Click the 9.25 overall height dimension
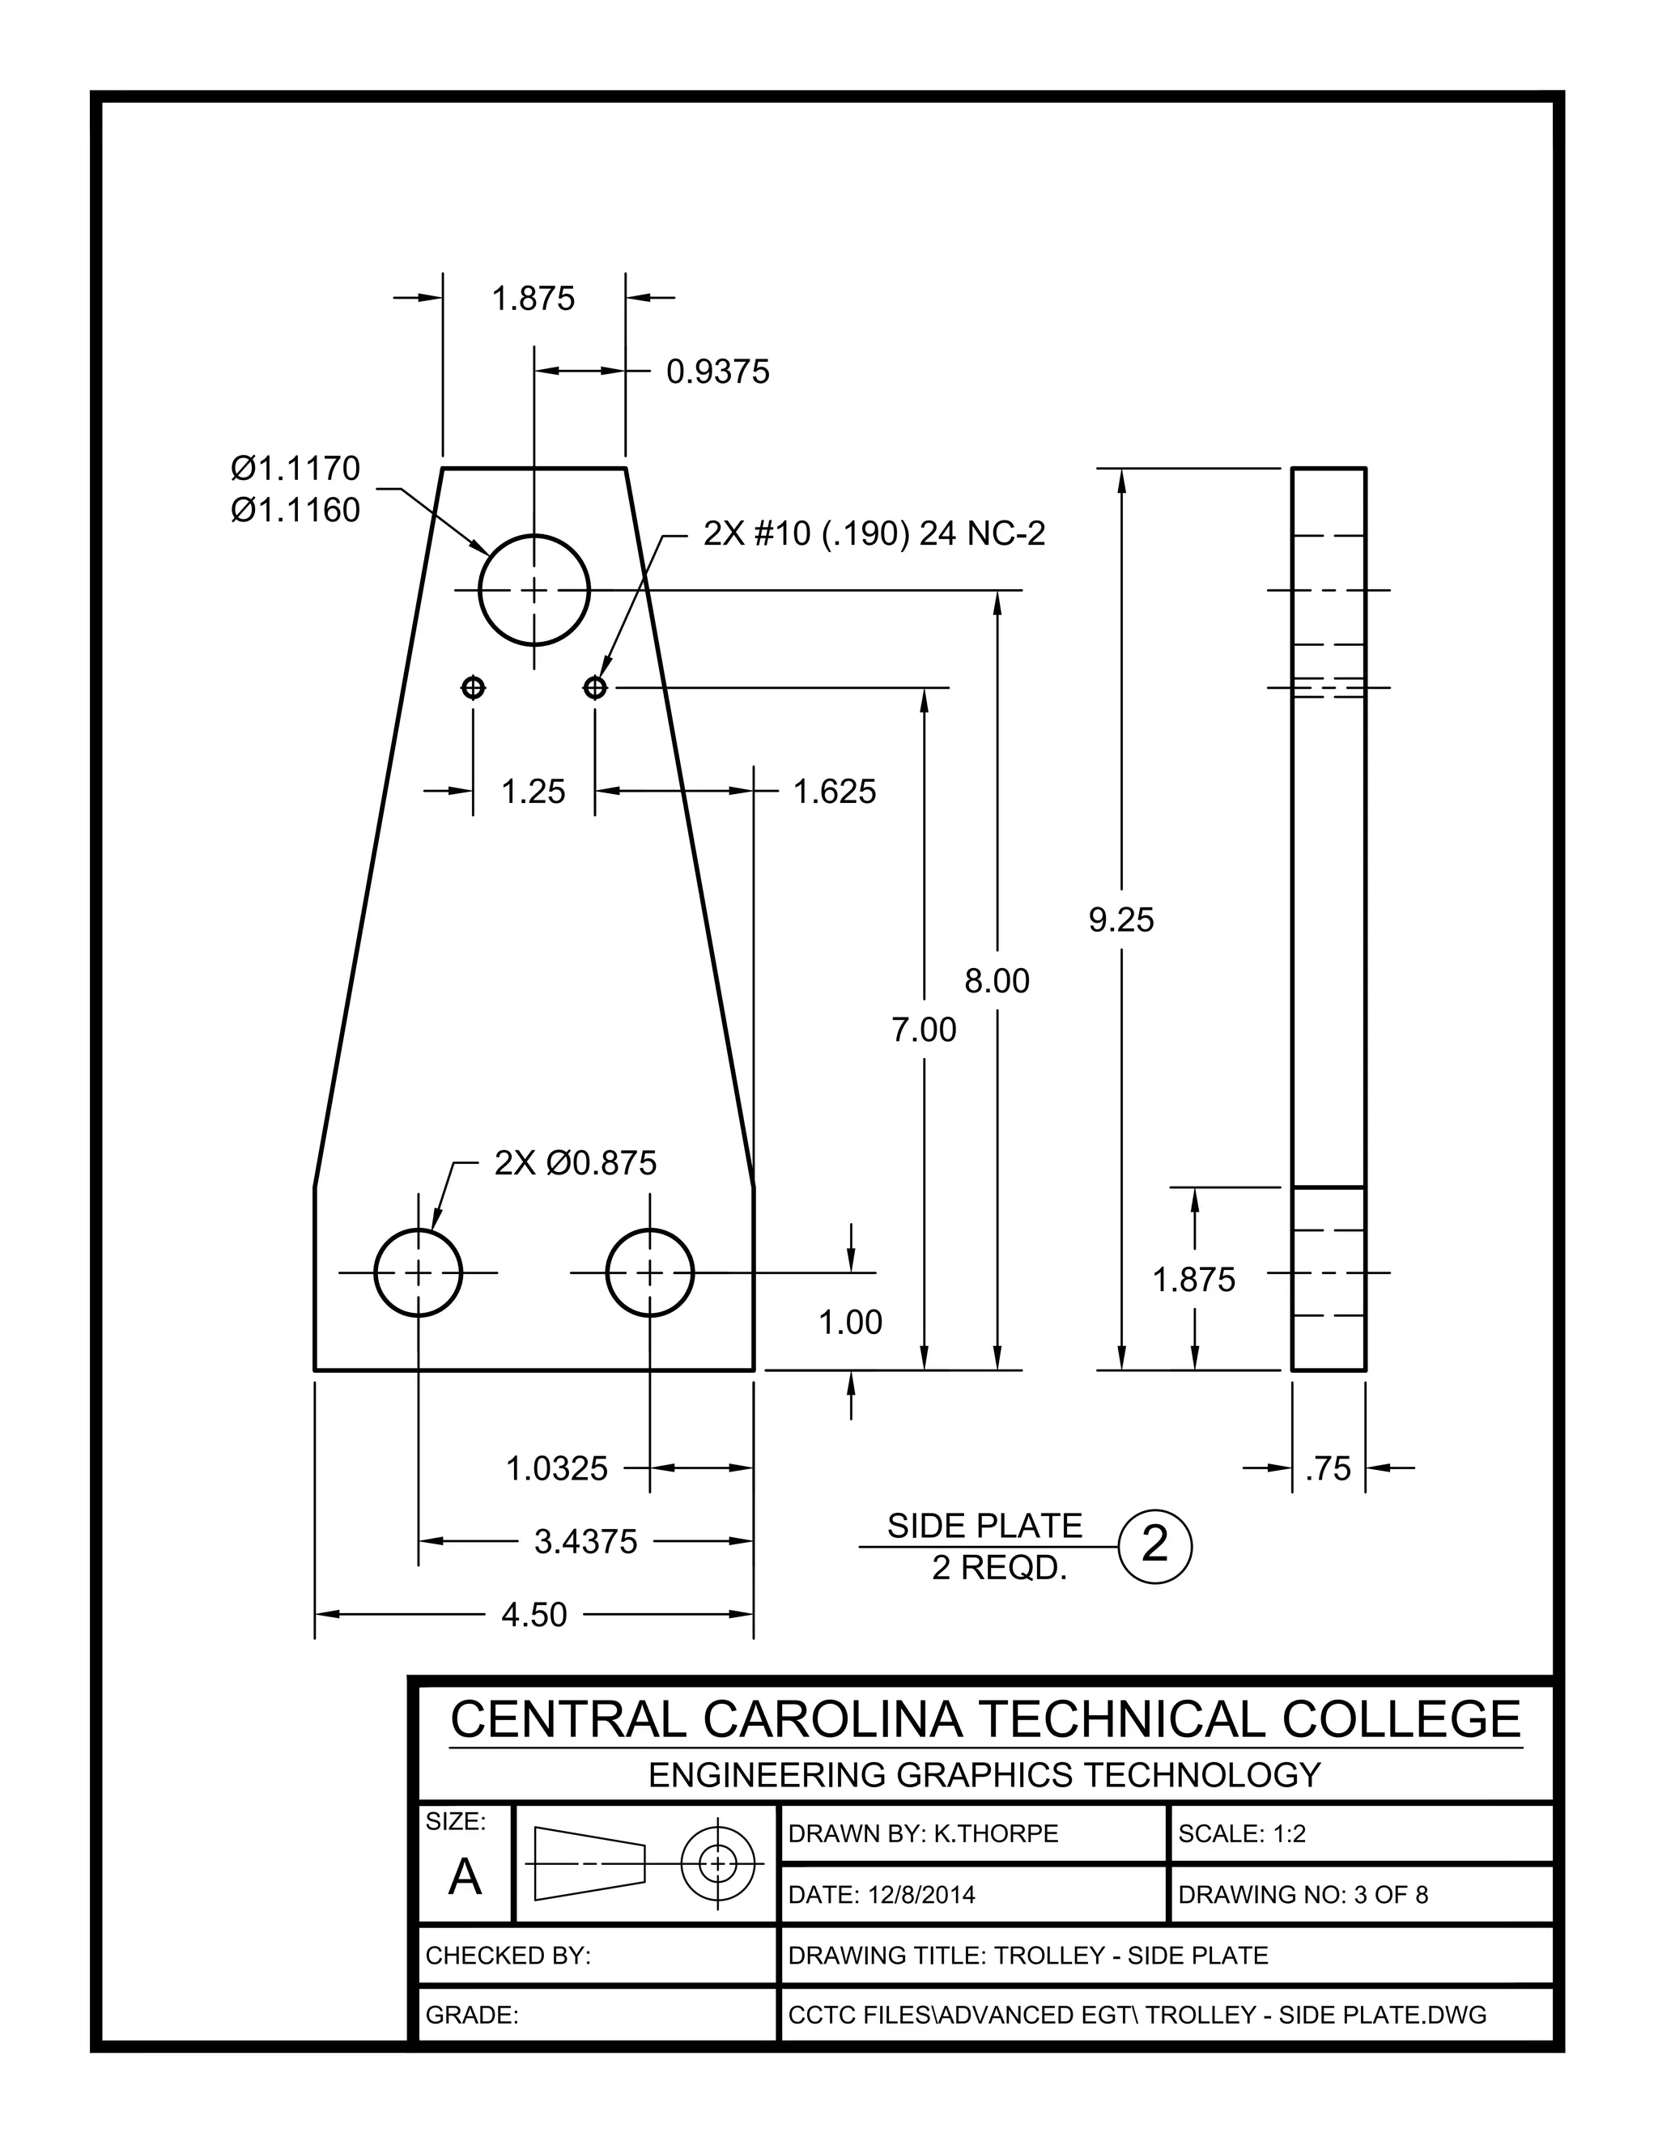(x=1120, y=920)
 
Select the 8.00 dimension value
(x=997, y=981)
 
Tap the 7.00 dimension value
(x=923, y=1030)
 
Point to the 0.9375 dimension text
(x=718, y=372)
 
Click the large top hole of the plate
(x=534, y=590)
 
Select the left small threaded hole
(x=474, y=687)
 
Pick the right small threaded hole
(x=595, y=687)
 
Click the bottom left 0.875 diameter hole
(x=419, y=1273)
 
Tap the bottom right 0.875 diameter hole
(x=649, y=1273)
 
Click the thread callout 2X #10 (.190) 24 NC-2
(x=874, y=534)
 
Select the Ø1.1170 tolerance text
(x=295, y=469)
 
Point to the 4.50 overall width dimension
(x=534, y=1615)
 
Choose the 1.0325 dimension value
(x=557, y=1469)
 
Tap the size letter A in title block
(x=465, y=1878)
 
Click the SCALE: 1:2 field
(x=1242, y=1835)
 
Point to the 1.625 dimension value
(x=834, y=792)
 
